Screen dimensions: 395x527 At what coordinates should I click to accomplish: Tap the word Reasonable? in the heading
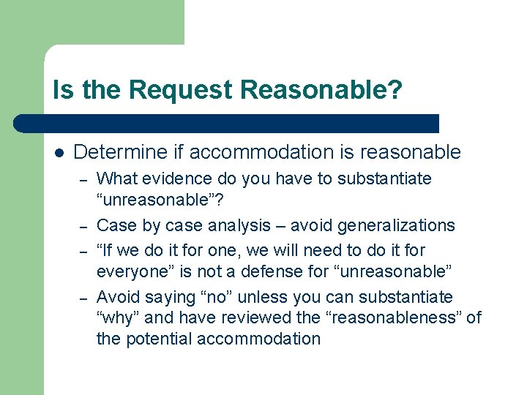[321, 90]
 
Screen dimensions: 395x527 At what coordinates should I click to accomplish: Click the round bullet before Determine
[59, 153]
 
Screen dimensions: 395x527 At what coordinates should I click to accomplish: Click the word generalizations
[399, 225]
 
